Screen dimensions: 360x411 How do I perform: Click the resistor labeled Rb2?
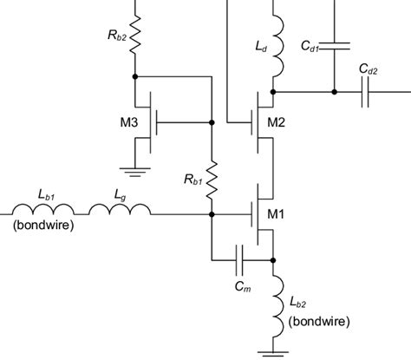click(x=135, y=34)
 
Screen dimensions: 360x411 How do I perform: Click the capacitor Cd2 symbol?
click(x=368, y=90)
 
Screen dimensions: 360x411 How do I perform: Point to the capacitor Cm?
click(x=242, y=259)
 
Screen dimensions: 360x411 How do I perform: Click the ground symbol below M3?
click(x=136, y=171)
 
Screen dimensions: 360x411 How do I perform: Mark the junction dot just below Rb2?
click(x=135, y=76)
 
